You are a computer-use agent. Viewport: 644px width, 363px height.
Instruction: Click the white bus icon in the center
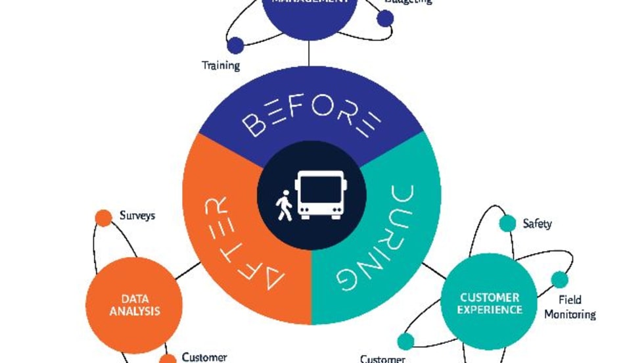320,195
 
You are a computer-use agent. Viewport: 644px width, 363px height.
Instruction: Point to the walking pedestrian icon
284,205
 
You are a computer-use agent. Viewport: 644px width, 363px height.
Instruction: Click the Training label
221,66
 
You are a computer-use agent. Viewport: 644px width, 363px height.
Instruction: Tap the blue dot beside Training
235,45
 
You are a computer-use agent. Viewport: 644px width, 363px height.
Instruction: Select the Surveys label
137,215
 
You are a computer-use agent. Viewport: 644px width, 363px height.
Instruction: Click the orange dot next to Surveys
103,218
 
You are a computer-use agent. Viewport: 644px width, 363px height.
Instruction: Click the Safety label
537,224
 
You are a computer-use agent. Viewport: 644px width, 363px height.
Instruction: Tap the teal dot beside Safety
507,224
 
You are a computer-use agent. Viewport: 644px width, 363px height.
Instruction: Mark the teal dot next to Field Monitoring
559,279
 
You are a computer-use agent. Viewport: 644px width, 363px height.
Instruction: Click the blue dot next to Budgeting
386,18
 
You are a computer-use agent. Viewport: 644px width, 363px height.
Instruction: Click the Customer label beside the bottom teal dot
382,358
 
